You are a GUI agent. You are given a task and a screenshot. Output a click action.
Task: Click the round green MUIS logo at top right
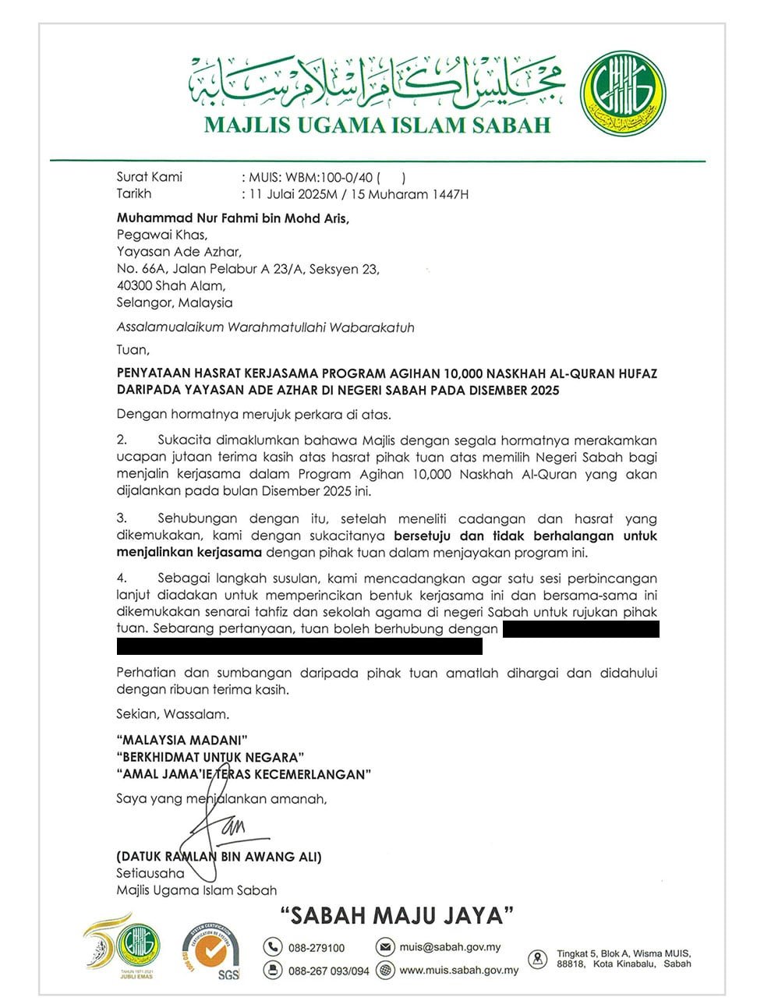click(x=623, y=94)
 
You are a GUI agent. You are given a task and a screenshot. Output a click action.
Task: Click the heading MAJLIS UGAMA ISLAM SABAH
click(x=377, y=125)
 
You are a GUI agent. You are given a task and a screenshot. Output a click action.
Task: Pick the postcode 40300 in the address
click(x=133, y=285)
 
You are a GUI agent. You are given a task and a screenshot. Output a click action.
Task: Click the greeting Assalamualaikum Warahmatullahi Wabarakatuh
click(x=265, y=327)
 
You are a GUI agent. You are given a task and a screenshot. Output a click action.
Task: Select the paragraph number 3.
click(x=122, y=518)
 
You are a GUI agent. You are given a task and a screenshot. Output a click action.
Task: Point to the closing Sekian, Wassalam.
click(x=172, y=714)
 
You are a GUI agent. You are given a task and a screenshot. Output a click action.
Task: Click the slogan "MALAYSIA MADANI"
click(x=182, y=740)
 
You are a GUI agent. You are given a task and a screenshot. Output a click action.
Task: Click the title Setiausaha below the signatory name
click(x=150, y=873)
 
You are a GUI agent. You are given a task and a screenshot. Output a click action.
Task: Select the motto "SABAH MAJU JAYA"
click(x=397, y=915)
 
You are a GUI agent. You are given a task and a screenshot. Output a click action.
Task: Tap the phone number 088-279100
click(x=316, y=948)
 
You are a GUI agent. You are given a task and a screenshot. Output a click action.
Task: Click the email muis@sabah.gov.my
click(x=450, y=947)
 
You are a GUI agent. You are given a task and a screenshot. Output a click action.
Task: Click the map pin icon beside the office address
click(x=538, y=959)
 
